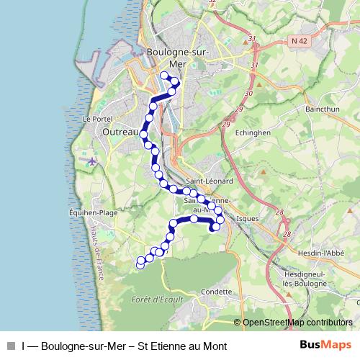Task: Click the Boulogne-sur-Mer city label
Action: click(x=177, y=57)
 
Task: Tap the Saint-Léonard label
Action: click(x=209, y=181)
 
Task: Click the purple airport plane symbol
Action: click(x=91, y=160)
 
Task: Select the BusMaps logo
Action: click(x=325, y=346)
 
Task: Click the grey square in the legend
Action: click(x=11, y=346)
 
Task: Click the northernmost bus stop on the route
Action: click(x=164, y=76)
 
